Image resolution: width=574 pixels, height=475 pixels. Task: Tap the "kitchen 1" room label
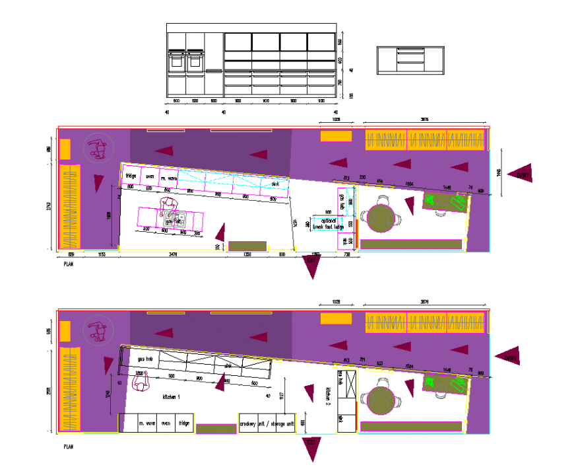tap(171, 396)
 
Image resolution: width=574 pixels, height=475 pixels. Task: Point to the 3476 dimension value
tap(173, 254)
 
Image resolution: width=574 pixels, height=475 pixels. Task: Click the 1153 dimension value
tap(102, 254)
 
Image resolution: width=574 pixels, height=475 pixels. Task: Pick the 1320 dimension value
tap(247, 254)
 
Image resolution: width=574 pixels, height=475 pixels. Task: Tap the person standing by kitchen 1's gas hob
tap(143, 383)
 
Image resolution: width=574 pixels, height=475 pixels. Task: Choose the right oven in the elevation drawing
tap(195, 60)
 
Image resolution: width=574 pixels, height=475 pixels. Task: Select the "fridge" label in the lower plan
tap(184, 423)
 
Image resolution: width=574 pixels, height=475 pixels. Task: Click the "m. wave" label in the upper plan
tap(169, 178)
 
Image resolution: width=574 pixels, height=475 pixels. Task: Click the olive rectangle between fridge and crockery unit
tap(216, 429)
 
